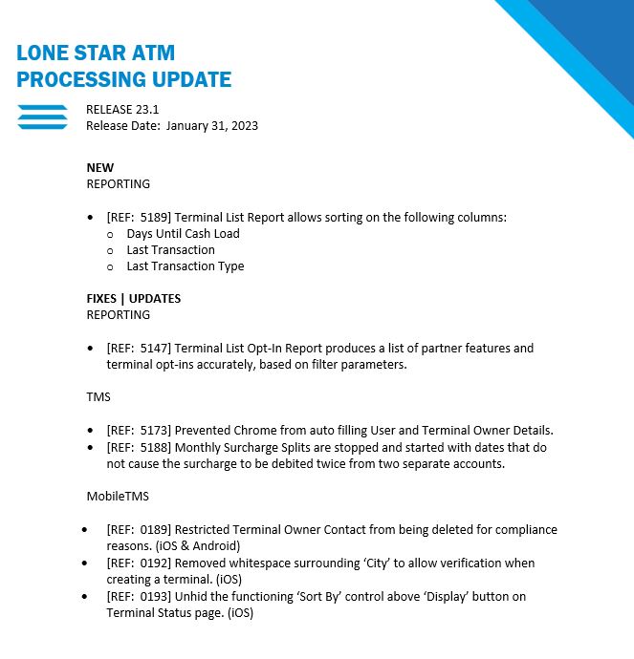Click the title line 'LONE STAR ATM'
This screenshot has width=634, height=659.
96,53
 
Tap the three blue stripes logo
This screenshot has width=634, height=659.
43,117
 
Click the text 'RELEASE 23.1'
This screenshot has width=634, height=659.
122,110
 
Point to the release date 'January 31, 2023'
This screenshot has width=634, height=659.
212,125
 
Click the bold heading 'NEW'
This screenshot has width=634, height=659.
99,167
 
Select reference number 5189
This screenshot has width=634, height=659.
153,217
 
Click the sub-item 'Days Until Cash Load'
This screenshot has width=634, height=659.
183,233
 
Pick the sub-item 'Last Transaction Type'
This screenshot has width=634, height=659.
185,266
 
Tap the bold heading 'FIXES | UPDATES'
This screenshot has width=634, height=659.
133,298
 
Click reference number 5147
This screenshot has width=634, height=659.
153,348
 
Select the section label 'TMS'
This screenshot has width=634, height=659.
98,397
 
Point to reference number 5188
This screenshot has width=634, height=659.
153,447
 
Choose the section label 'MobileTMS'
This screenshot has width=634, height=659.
117,497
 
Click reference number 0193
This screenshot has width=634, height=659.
153,596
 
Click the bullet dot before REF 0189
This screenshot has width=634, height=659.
85,529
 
